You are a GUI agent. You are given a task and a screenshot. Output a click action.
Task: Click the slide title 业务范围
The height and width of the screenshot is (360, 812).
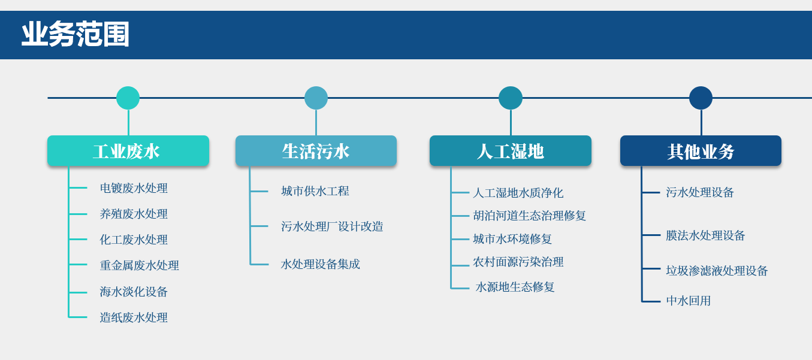[x=76, y=34]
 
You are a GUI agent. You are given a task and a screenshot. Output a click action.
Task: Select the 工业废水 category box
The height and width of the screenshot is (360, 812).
[x=128, y=151]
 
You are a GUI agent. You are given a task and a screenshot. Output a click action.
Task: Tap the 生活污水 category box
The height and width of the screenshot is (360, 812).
[x=316, y=151]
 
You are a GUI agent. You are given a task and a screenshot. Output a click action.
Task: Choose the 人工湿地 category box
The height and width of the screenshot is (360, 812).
[x=511, y=151]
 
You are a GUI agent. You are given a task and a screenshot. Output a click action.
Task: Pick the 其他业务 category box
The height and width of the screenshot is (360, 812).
[x=701, y=151]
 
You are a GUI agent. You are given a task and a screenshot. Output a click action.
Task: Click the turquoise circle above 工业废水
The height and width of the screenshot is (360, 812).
[x=128, y=98]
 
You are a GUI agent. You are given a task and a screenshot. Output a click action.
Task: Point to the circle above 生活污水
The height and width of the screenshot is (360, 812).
[x=316, y=98]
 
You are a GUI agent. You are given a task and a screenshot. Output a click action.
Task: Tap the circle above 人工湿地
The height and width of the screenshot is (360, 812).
[x=511, y=98]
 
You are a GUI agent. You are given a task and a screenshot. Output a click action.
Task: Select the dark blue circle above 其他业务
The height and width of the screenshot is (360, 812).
[x=701, y=98]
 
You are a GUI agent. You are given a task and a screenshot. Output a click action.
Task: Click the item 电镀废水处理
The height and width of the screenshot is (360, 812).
[x=134, y=188]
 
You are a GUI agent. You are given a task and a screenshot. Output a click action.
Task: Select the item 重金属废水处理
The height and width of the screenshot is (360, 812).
[x=139, y=265]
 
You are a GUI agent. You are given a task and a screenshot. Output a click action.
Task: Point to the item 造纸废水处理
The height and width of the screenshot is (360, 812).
[x=134, y=317]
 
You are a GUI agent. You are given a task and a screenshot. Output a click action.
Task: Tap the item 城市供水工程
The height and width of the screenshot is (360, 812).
[x=315, y=191]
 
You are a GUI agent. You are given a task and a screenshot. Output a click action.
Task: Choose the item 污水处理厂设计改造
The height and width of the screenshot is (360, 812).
[x=332, y=226]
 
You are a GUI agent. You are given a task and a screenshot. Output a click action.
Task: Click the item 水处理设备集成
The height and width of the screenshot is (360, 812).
[x=321, y=264]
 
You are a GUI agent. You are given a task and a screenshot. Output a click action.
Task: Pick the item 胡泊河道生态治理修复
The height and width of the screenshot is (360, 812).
[x=530, y=216]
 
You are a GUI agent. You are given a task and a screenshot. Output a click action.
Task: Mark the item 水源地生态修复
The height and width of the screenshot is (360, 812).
[x=515, y=287]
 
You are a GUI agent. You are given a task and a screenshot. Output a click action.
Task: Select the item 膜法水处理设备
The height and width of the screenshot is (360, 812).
[x=705, y=235]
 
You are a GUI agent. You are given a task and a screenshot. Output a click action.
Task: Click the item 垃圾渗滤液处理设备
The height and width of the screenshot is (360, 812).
[x=717, y=271]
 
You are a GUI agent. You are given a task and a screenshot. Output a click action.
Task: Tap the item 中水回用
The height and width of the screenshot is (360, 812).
[x=689, y=301]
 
